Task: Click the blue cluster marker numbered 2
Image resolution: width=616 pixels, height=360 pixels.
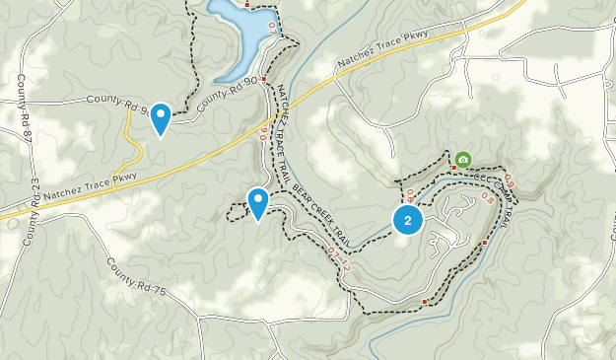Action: [x=408, y=220]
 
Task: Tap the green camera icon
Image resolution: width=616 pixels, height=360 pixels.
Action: [x=462, y=159]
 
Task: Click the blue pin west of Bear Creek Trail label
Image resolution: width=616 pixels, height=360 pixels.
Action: [x=258, y=202]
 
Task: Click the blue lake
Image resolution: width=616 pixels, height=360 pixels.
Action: [x=240, y=37]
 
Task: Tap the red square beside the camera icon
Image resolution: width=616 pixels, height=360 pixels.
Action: [x=453, y=168]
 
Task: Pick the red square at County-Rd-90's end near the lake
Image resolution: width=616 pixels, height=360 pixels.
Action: [x=264, y=75]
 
